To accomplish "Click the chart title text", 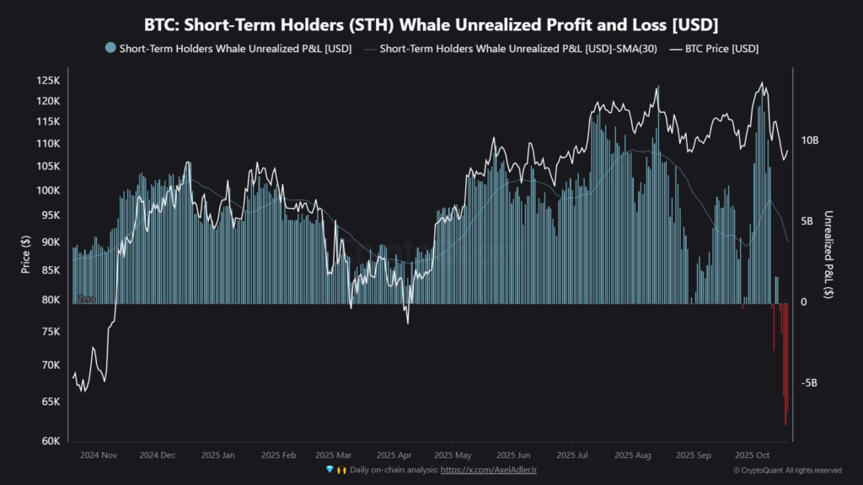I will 431,24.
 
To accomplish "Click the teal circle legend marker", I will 110,49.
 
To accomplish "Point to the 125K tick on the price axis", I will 48,81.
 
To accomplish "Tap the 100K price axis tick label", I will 48,190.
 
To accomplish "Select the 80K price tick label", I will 51,300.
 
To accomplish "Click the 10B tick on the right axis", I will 809,141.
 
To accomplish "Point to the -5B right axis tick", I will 809,383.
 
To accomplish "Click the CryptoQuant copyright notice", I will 787,470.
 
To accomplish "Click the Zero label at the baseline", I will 85,300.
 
